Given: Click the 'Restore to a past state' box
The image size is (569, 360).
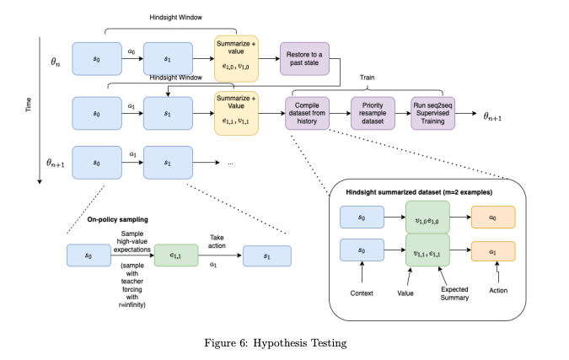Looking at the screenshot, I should [x=303, y=60].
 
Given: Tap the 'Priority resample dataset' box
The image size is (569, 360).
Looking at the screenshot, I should [x=373, y=112].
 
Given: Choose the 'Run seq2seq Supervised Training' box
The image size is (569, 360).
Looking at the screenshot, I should [x=433, y=112].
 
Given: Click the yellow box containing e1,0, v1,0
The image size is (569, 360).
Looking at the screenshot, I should [x=234, y=60].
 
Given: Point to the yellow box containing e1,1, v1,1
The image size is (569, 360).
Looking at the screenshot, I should [x=234, y=112].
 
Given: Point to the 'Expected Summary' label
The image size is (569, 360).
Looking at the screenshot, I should [x=455, y=293].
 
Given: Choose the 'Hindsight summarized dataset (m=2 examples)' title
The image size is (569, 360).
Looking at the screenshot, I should [x=419, y=192].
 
